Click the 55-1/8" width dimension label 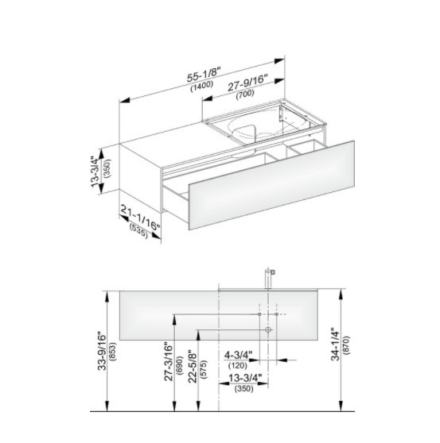[204, 75]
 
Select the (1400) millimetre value [201, 86]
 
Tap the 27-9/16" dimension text [247, 83]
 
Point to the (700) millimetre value [245, 93]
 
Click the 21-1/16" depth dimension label [141, 218]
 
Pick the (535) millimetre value [138, 230]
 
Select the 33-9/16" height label [102, 352]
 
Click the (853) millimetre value [113, 352]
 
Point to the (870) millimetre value [346, 345]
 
